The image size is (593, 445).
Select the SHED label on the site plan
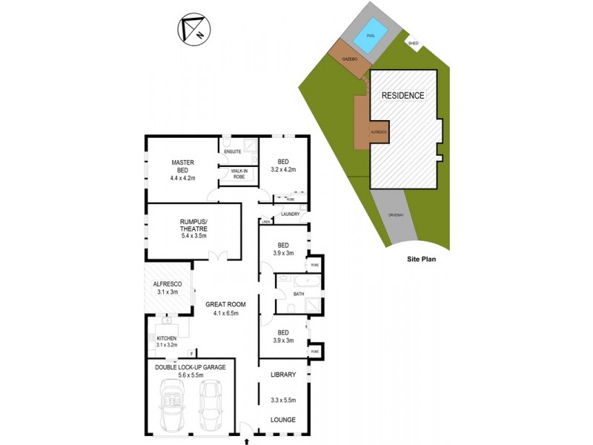pos(414,43)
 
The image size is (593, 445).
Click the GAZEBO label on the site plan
pos(350,58)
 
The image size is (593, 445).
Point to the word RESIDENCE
pos(403,96)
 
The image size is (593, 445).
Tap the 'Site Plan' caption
pos(423,260)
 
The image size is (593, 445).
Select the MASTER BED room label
pos(182,162)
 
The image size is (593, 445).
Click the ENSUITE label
pos(233,152)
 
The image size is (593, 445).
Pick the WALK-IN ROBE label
pos(238,174)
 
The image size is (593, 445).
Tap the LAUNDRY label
pos(290,214)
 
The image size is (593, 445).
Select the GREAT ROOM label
pos(225,304)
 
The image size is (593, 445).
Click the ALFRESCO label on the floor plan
pos(168,283)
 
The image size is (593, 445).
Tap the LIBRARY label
pos(282,375)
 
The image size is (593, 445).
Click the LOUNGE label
pos(282,420)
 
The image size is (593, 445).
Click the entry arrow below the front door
pos(246,441)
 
